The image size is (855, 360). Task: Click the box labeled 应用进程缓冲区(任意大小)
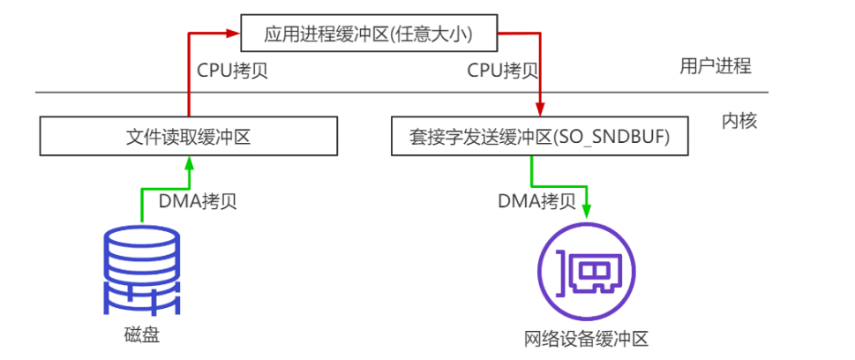[x=369, y=35]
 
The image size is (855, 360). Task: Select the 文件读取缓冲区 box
[x=188, y=138]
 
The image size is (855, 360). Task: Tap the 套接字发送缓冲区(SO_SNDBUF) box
[x=538, y=138]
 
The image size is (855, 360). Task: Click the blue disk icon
[x=142, y=272]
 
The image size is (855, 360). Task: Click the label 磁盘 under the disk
[x=142, y=335]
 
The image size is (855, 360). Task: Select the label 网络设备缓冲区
[x=586, y=339]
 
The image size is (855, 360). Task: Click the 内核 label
[x=739, y=121]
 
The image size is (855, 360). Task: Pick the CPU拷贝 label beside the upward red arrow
[x=232, y=71]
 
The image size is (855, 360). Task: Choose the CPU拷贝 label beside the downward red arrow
[x=502, y=71]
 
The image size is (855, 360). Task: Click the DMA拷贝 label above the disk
[x=198, y=201]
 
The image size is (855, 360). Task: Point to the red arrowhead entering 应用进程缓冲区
[x=235, y=35]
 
